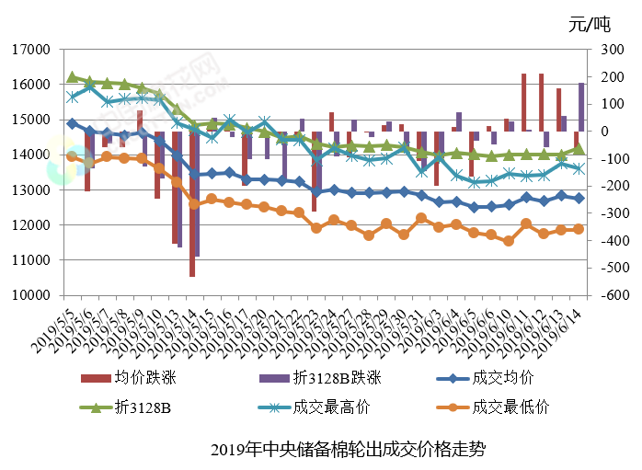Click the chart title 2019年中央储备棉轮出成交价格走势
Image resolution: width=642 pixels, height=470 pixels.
pos(347,450)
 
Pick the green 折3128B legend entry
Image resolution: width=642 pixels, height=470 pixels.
pos(139,406)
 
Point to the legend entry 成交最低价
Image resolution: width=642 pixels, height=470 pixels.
pos(502,406)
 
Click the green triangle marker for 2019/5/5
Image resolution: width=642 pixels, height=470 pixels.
pos(72,76)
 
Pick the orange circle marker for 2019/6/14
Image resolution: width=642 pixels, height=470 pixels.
pos(579,229)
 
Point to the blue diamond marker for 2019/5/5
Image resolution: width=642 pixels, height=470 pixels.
pos(72,123)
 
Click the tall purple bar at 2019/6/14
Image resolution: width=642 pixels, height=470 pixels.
pos(581,107)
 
